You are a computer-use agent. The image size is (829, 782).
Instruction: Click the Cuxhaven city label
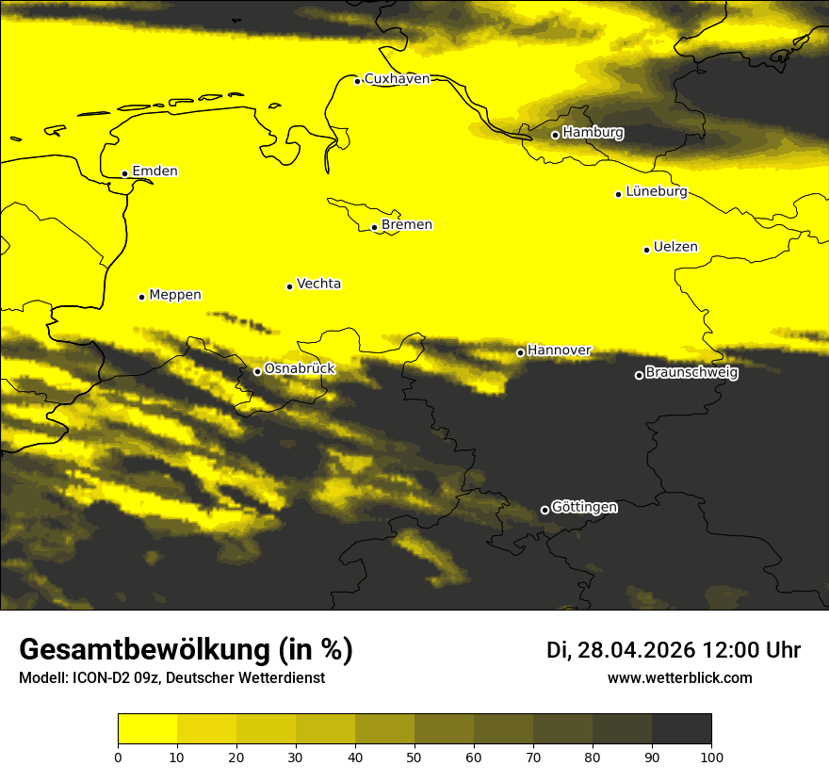point(397,79)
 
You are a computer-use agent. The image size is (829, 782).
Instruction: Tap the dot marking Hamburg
point(555,135)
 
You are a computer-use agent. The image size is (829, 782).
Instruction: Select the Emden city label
point(154,171)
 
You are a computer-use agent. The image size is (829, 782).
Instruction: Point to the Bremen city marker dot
point(374,227)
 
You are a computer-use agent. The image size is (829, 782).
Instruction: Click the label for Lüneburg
point(656,192)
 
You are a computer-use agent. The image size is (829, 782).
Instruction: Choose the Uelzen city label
point(675,248)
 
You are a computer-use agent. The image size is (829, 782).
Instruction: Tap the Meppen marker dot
point(141,297)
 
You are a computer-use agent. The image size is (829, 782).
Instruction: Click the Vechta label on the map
point(318,284)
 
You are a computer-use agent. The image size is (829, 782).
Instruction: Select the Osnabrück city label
point(300,369)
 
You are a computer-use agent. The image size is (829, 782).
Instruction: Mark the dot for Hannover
point(520,352)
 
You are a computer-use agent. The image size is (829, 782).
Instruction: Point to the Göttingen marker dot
point(545,510)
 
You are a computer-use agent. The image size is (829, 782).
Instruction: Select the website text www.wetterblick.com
point(680,678)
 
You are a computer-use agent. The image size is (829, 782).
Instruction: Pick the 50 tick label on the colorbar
point(414,757)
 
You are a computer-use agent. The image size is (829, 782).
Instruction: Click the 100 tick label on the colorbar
point(711,757)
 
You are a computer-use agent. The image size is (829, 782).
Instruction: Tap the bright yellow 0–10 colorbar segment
point(147,729)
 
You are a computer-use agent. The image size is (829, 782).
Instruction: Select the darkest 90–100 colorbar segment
point(681,729)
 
